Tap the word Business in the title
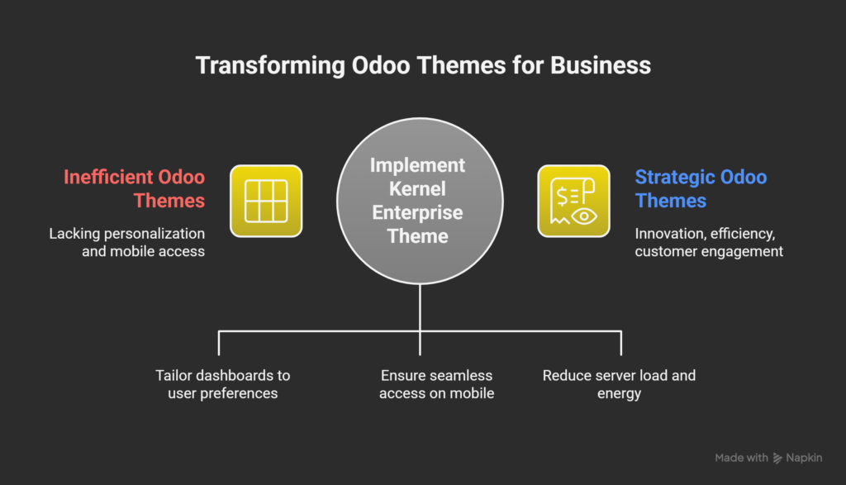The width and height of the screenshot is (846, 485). click(x=602, y=65)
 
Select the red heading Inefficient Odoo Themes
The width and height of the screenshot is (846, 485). click(x=135, y=188)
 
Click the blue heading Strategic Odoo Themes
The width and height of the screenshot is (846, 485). click(x=701, y=188)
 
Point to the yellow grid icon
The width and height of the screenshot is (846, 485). click(x=266, y=201)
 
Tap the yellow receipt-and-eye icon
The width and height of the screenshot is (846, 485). click(x=574, y=201)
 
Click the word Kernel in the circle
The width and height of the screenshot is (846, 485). click(x=420, y=188)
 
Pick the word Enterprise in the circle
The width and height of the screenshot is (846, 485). click(x=420, y=212)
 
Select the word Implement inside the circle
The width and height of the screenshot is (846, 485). click(x=420, y=164)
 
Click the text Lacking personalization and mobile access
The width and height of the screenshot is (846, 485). click(x=126, y=242)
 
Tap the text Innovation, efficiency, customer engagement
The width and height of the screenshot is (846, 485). click(x=709, y=242)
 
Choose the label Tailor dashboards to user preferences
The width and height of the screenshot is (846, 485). click(x=223, y=384)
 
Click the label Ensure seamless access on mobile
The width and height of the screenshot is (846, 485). click(x=436, y=384)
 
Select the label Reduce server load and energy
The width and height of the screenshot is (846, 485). click(x=619, y=384)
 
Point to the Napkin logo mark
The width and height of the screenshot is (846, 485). click(x=777, y=458)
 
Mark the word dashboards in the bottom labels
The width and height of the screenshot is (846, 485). click(x=235, y=375)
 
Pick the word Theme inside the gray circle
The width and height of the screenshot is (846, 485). click(x=420, y=236)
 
